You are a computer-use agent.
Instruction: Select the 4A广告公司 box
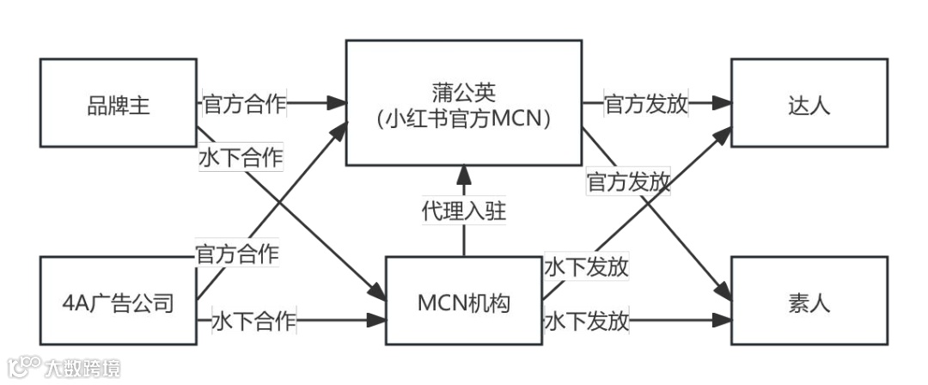point(119,302)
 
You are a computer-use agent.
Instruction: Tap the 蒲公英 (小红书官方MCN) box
point(463,102)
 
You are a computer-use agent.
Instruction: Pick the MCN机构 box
point(463,302)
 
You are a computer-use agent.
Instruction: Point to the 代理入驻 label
point(463,211)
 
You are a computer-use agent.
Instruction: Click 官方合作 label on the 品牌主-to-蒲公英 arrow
point(244,105)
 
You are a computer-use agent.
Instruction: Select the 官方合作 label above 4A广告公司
point(237,254)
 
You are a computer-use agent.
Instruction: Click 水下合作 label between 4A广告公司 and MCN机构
point(254,322)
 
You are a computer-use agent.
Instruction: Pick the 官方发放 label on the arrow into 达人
point(646,105)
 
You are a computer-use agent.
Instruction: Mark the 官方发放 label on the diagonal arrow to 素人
point(628,182)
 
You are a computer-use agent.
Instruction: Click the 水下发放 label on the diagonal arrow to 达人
point(586,267)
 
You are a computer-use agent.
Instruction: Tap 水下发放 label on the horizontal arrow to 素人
point(586,322)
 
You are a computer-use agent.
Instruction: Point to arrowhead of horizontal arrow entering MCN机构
point(376,321)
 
